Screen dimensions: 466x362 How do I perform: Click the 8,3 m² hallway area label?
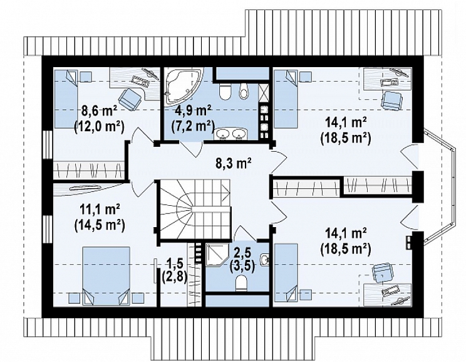(x=233, y=164)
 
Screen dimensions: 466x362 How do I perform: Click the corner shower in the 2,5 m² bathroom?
(x=216, y=255)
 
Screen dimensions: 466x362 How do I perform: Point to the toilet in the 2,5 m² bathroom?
(x=241, y=283)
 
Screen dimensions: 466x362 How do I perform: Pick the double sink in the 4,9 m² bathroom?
(x=231, y=134)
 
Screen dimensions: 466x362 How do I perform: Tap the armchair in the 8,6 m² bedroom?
(x=130, y=98)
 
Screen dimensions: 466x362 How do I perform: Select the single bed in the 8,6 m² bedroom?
(x=65, y=99)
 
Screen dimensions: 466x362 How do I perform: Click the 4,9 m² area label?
(x=192, y=111)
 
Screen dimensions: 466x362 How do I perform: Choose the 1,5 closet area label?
(x=175, y=264)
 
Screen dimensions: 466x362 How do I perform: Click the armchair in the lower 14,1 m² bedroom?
(x=383, y=273)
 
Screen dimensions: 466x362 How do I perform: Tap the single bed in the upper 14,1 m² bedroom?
(x=286, y=99)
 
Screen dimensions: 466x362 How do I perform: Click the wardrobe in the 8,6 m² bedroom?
(x=88, y=170)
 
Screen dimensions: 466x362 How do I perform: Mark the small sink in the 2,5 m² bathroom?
(x=265, y=259)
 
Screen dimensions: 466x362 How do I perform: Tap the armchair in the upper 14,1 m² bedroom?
(x=391, y=100)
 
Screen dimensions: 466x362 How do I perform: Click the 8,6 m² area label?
(x=99, y=112)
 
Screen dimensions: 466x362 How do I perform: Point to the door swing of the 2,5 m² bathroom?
(x=245, y=233)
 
